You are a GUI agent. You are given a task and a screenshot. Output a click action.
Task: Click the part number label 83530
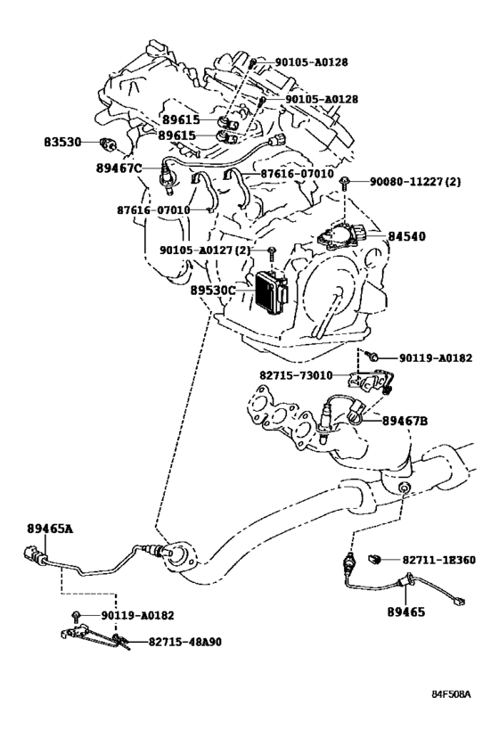coord(62,142)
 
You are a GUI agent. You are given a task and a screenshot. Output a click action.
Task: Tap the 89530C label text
coord(213,290)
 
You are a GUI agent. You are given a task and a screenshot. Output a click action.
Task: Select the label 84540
coord(407,236)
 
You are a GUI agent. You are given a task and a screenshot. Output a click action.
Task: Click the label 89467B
coord(405,421)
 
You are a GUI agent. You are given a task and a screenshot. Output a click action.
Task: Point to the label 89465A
coord(50,529)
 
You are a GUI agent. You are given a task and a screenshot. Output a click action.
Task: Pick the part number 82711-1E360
coord(439,560)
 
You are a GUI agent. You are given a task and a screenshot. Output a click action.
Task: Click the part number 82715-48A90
coord(185,642)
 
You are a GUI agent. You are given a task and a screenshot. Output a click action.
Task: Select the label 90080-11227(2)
coord(415,182)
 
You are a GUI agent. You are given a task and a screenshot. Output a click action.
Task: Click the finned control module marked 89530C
coord(270,291)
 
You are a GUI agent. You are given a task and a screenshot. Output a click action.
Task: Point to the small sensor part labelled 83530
coord(108,144)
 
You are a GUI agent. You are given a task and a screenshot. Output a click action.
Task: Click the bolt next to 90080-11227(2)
coord(345,183)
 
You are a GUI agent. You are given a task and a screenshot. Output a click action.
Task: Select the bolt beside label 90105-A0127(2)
coord(272,254)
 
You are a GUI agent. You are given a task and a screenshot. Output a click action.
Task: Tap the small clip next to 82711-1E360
coord(375,559)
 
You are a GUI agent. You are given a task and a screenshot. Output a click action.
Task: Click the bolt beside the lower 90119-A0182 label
coord(77,617)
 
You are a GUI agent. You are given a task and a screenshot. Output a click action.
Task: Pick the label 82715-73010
coord(296,375)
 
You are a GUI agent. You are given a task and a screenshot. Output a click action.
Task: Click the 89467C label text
coord(119,168)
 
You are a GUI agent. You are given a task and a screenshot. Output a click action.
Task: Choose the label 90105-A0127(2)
coord(205,250)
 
